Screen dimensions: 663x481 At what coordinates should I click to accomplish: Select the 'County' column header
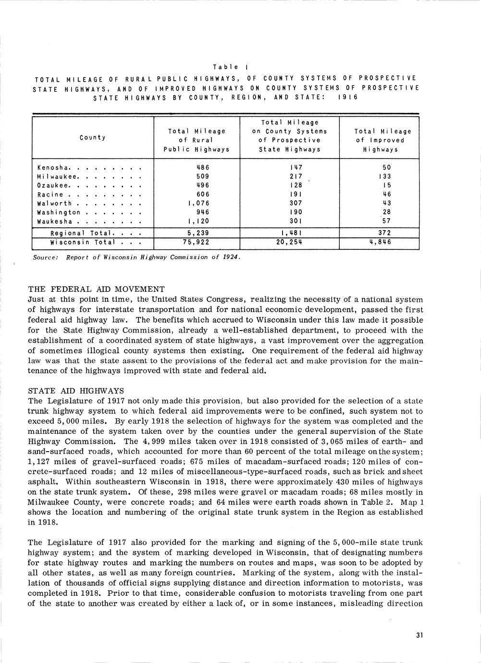(93, 138)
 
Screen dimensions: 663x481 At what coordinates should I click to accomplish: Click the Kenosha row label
(53, 168)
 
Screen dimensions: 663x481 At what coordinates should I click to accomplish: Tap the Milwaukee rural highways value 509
(203, 176)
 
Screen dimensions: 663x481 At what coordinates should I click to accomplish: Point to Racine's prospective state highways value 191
(296, 195)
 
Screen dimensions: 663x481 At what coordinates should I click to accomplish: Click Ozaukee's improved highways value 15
(387, 185)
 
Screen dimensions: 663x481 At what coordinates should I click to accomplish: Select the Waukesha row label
(55, 222)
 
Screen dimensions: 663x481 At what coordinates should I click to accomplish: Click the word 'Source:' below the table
(46, 257)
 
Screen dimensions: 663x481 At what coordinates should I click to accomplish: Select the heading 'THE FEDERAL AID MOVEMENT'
(96, 289)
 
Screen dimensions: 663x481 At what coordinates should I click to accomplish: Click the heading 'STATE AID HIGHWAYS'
(76, 391)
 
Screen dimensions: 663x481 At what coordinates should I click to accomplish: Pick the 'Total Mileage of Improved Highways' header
(383, 140)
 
